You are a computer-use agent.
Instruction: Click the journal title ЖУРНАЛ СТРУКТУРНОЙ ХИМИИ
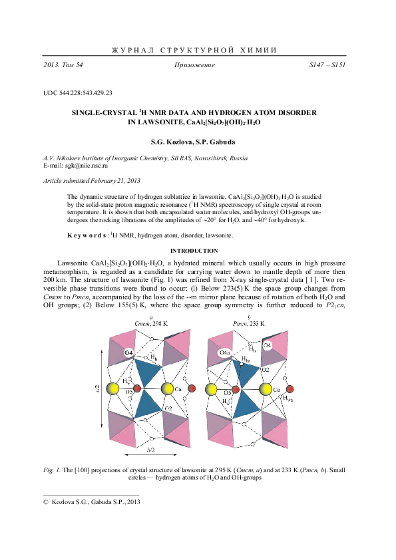coord(198,50)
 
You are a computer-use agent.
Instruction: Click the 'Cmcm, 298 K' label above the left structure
coord(151,323)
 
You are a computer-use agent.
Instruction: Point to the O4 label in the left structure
coord(129,352)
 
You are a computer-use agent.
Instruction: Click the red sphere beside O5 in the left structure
coord(137,388)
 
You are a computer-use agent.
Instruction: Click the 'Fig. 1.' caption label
coord(53,470)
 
